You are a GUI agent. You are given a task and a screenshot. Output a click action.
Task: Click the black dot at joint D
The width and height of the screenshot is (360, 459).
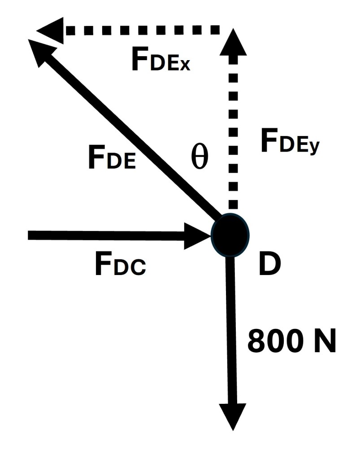tap(230, 235)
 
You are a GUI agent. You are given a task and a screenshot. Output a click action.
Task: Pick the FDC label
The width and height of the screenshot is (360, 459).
tap(120, 265)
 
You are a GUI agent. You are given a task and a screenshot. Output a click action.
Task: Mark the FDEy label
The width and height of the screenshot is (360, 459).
tap(290, 143)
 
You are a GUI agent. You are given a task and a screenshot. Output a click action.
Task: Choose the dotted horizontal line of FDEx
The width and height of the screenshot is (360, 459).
tap(143, 31)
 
